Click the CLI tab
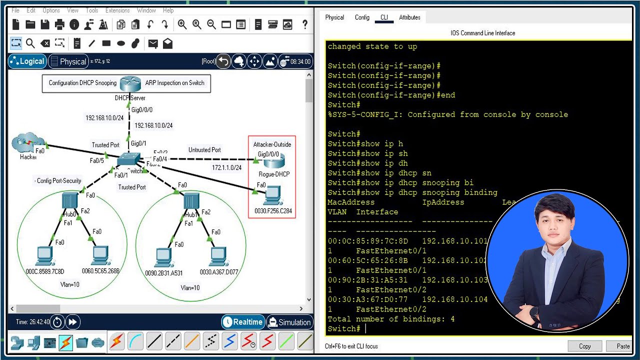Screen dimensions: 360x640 coord(384,17)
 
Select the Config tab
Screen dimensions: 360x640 coord(362,17)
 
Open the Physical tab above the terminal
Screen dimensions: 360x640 coord(334,17)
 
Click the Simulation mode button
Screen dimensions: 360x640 coord(289,322)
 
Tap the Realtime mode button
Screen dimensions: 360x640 coord(243,322)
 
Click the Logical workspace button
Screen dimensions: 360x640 coord(27,61)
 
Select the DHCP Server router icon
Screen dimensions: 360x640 coord(130,83)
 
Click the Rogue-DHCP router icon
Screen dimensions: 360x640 coord(273,162)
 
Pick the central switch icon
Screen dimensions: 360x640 coord(129,160)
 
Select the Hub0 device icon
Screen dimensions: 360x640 coord(70,201)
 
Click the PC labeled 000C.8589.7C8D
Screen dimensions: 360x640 coord(45,256)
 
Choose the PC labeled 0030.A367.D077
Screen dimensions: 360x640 coord(218,256)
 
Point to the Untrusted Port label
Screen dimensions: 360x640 coord(204,150)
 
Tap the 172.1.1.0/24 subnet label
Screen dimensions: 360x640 coord(226,168)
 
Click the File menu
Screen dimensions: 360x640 coord(15,10)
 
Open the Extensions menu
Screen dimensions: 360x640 coord(117,10)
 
